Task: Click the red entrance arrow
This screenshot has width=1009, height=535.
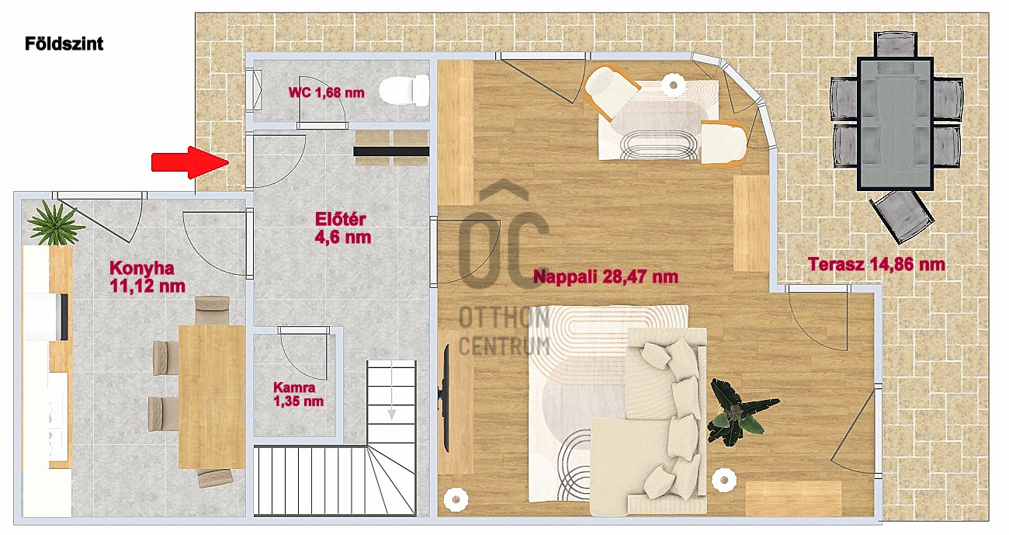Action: (189, 162)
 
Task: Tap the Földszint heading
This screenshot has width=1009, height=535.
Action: (64, 43)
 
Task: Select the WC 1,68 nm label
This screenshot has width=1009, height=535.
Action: (326, 92)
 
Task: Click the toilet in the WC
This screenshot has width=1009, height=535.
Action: (404, 90)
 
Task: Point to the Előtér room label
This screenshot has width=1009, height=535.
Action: (343, 228)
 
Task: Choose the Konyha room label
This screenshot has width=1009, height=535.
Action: (147, 276)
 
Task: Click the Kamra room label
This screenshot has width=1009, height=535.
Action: (298, 394)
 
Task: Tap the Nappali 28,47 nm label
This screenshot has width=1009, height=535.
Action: (605, 276)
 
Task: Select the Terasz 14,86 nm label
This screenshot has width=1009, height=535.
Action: (876, 264)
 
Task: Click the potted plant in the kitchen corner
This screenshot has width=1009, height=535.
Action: (55, 224)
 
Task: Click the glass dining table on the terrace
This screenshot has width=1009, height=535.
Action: (895, 123)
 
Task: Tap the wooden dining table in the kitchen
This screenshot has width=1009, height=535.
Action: (212, 397)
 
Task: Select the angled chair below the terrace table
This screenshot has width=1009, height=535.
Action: (901, 217)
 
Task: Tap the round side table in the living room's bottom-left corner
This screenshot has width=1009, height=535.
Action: (456, 499)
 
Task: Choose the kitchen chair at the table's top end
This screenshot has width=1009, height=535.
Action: (213, 310)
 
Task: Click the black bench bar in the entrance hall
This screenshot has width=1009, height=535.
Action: (391, 151)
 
